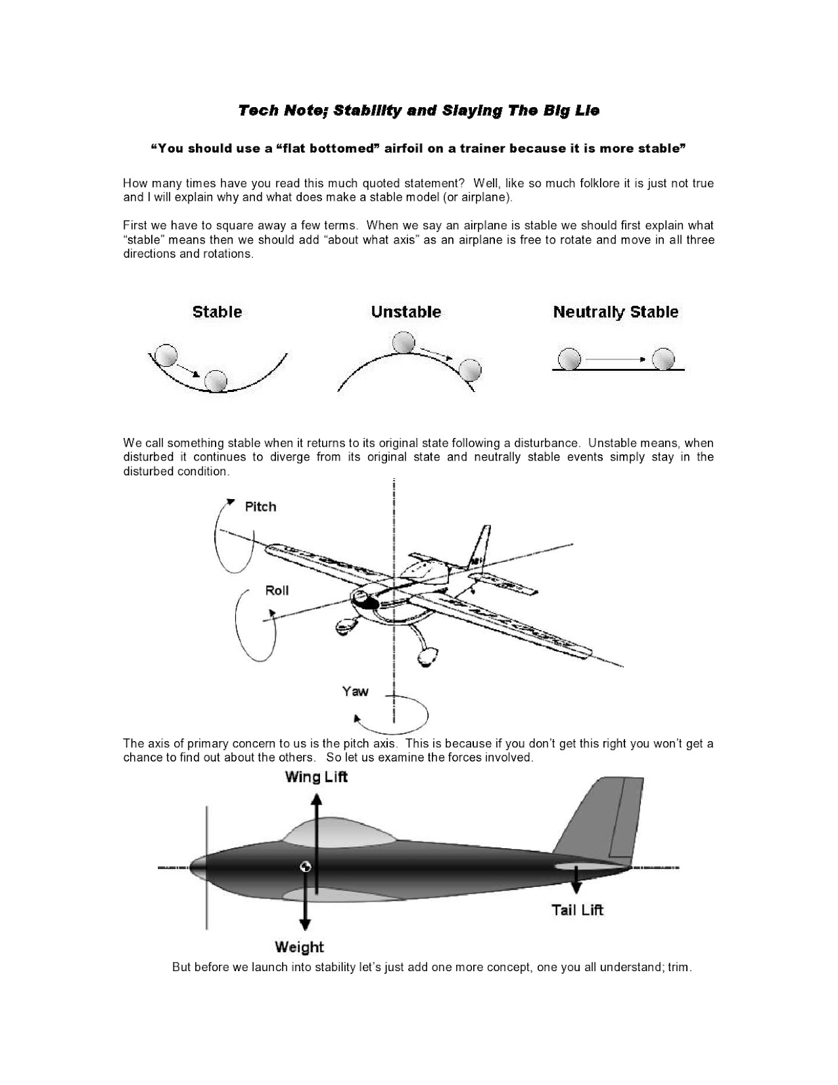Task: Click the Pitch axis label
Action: (260, 507)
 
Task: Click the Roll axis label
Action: (277, 590)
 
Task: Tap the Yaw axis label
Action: (355, 691)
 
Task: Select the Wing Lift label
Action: (316, 777)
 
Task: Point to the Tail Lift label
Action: (577, 910)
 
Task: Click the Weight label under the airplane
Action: (299, 947)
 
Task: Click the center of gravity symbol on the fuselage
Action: (305, 867)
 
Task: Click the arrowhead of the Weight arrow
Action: (304, 923)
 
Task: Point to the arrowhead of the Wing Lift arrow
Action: (317, 797)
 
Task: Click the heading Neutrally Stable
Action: (615, 312)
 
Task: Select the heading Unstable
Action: (405, 312)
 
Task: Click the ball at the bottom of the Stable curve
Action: (216, 381)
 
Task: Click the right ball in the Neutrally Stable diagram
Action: (663, 358)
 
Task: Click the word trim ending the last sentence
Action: (679, 967)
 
